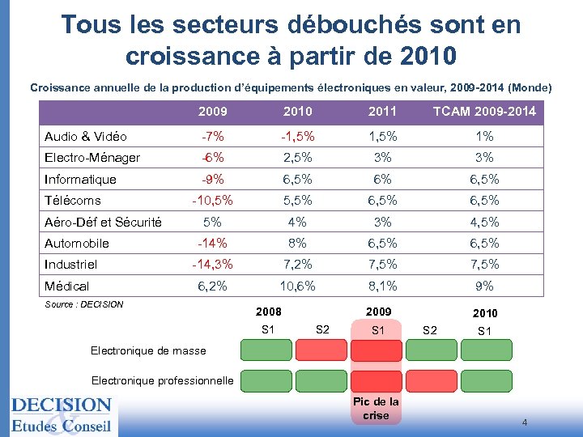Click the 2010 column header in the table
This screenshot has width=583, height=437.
(x=298, y=111)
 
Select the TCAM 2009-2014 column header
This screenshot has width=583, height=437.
(x=484, y=111)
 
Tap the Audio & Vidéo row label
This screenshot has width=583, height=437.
(x=86, y=136)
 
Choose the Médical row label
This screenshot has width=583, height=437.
(x=67, y=286)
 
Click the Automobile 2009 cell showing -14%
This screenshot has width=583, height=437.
(x=213, y=243)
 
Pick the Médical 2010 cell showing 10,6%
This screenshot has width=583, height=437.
(x=298, y=286)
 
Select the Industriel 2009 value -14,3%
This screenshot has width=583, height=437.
(x=213, y=264)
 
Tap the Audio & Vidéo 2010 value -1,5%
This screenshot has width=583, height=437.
(x=298, y=136)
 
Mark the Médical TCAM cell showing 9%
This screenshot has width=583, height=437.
(x=484, y=286)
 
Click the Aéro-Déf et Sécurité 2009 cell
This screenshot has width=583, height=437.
(x=213, y=222)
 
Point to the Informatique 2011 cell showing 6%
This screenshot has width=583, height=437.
(x=383, y=179)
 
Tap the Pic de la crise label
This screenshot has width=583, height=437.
(x=376, y=409)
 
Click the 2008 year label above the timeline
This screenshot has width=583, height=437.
(x=269, y=312)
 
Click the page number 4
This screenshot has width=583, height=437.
(x=525, y=422)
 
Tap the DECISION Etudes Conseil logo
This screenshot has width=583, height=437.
(x=61, y=414)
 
